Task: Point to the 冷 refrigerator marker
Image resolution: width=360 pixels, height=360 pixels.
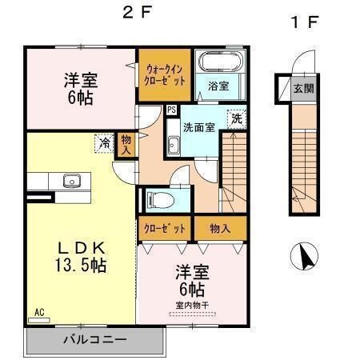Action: tap(104, 143)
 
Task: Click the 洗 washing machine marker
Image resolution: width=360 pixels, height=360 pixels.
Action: tap(236, 118)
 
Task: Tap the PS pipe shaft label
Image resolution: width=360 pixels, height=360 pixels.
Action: tap(171, 110)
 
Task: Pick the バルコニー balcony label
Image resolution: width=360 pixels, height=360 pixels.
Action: tap(94, 339)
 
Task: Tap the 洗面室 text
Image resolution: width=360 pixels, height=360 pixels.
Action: tap(198, 126)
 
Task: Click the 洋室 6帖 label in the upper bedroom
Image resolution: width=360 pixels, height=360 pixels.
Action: tap(80, 88)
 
